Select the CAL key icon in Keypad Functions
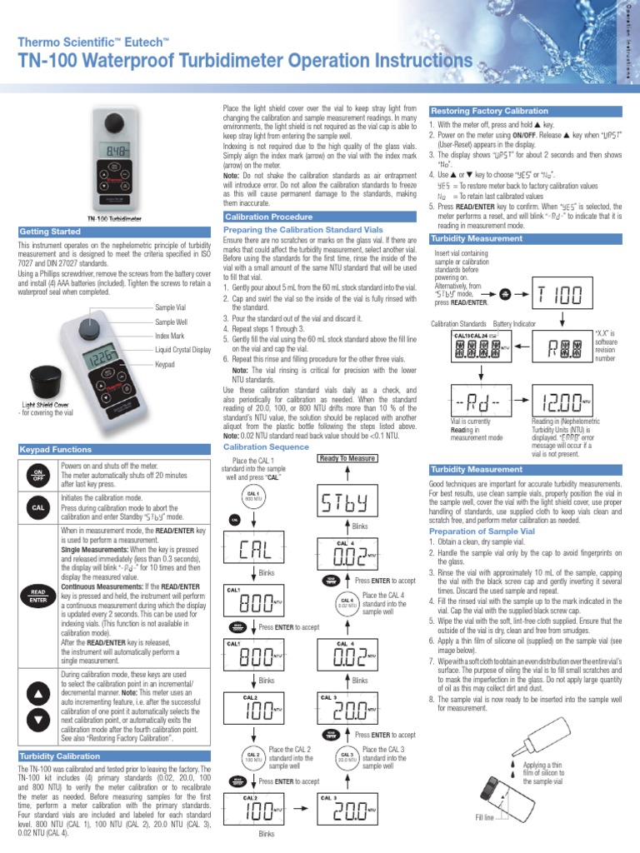coord(38,506)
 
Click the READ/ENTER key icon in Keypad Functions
coord(38,593)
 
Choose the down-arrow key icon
coord(38,718)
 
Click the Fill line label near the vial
coord(486,818)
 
